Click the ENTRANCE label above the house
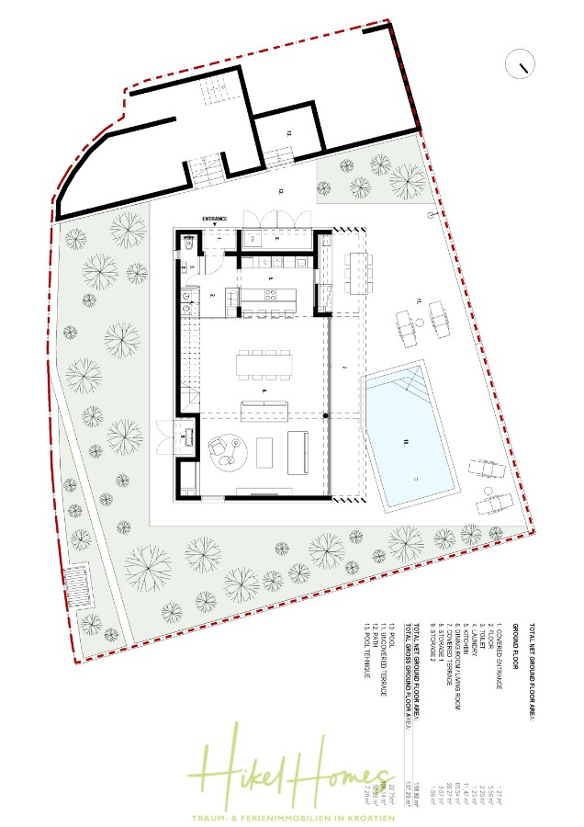220,216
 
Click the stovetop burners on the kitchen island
272,295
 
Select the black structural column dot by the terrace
326,418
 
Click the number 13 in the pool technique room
287,134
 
